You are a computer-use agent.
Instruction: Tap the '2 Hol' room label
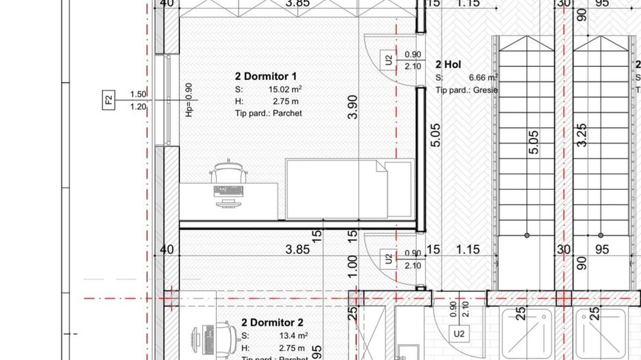point(448,64)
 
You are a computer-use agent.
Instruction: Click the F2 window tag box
point(109,100)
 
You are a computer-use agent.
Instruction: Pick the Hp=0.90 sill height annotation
point(189,100)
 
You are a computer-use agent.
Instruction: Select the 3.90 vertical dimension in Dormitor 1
point(353,108)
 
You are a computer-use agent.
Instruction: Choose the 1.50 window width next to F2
point(138,94)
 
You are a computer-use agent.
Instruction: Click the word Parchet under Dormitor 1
point(287,113)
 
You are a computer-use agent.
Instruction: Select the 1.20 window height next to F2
point(138,107)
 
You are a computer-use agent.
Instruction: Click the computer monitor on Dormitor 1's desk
point(228,202)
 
